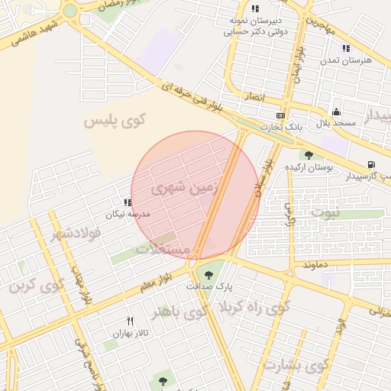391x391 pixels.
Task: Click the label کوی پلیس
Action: [115, 121]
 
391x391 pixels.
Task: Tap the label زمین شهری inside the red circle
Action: [184, 186]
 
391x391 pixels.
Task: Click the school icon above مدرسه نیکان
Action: [128, 202]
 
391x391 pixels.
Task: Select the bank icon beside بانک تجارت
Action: [281, 115]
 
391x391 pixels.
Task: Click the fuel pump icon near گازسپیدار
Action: [371, 164]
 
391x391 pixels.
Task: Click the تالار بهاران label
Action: [129, 333]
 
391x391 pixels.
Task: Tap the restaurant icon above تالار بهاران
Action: [130, 321]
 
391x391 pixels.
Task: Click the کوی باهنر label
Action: [179, 312]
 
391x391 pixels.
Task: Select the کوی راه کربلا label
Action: [254, 308]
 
